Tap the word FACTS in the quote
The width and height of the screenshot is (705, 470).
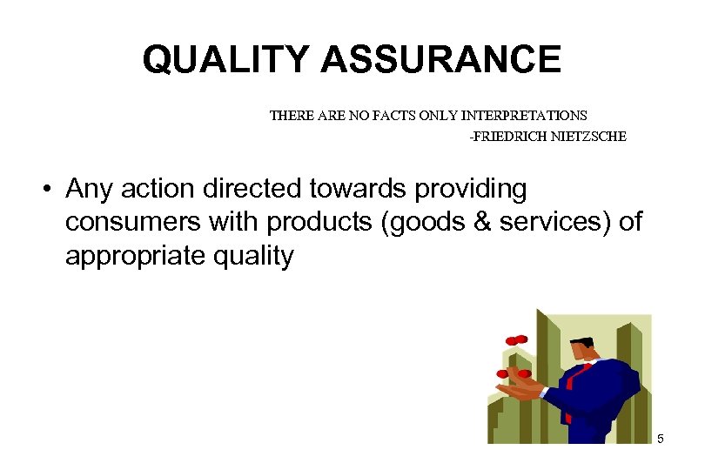[x=373, y=115]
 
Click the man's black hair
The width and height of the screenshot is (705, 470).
[x=581, y=342]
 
